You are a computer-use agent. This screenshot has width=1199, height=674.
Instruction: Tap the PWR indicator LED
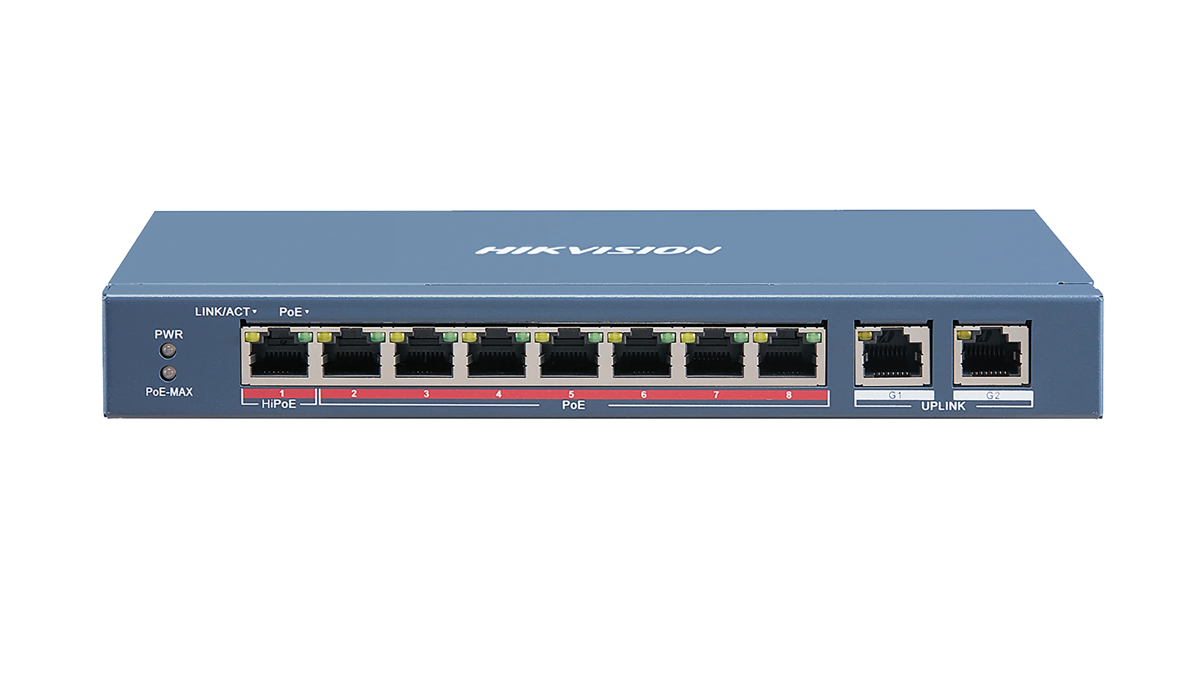(x=168, y=350)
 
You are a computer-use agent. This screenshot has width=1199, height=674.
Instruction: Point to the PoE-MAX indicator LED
(x=168, y=373)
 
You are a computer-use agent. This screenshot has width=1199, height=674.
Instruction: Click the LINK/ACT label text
(x=222, y=312)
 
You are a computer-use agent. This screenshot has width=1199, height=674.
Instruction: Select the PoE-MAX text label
(x=169, y=392)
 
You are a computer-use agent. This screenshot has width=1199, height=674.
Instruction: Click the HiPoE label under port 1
(x=279, y=404)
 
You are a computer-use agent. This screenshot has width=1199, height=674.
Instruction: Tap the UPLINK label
(x=943, y=406)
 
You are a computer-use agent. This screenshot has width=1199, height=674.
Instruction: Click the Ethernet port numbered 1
(x=279, y=359)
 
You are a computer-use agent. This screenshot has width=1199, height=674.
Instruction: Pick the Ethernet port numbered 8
(x=788, y=359)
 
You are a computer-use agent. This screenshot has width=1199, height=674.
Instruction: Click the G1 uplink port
(x=893, y=359)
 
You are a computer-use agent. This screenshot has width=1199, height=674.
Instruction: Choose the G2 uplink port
(x=991, y=359)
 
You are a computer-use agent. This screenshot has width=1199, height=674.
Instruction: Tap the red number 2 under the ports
(x=354, y=394)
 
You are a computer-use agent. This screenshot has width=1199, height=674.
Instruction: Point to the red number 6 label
(x=644, y=395)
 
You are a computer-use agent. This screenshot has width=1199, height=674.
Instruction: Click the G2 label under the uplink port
(x=992, y=396)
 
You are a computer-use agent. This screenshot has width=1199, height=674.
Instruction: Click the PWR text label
(x=169, y=335)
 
